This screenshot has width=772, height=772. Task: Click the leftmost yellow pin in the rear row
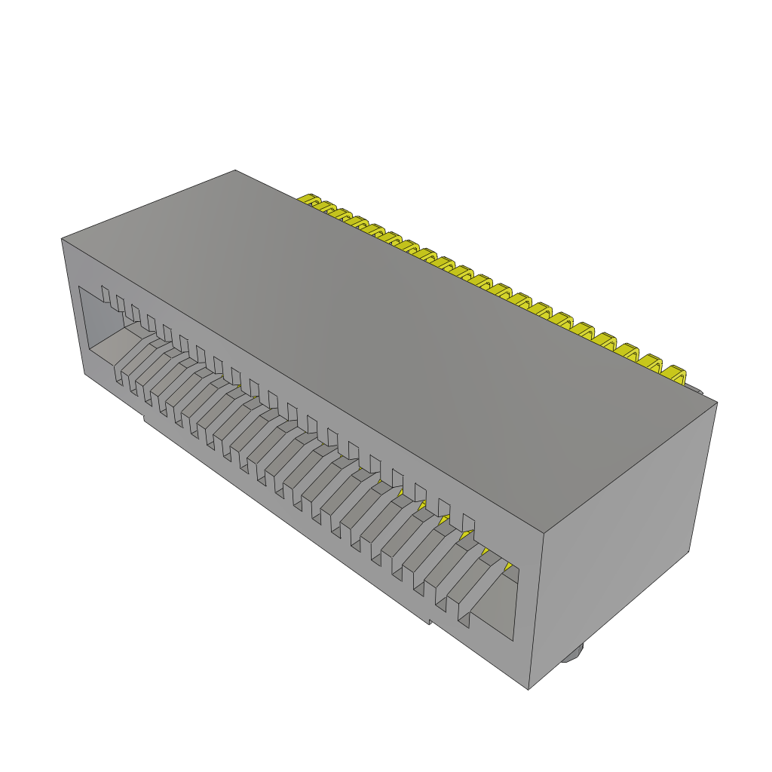308,200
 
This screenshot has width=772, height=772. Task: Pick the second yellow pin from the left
325,207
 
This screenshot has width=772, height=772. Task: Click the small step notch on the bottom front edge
429,620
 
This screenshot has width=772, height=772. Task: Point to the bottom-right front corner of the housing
528,688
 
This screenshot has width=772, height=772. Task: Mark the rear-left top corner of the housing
235,170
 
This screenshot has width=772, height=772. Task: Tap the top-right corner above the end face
716,403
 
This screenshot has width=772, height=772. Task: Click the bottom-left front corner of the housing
84,373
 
